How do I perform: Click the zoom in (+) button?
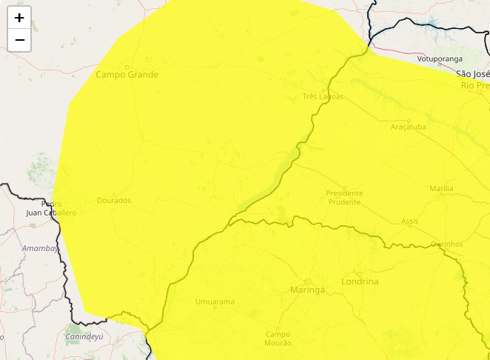click(x=19, y=18)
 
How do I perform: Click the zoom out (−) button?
click(x=19, y=40)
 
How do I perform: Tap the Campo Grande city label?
click(x=127, y=75)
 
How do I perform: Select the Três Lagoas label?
click(x=323, y=96)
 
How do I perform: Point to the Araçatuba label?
click(x=409, y=127)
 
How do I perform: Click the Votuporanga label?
click(x=440, y=59)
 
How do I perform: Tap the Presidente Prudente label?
click(x=343, y=197)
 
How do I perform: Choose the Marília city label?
click(x=441, y=190)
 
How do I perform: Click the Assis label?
click(x=409, y=221)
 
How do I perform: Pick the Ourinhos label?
click(x=447, y=244)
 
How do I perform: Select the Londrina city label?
click(x=360, y=282)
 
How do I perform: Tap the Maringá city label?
click(x=307, y=290)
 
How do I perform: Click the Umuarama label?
click(x=215, y=301)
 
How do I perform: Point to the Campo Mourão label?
click(x=278, y=339)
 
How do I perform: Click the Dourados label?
click(x=114, y=201)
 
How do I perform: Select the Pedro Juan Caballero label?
click(x=51, y=208)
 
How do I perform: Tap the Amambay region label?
click(x=40, y=248)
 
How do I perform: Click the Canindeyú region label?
click(x=84, y=336)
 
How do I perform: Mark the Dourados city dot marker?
click(x=114, y=193)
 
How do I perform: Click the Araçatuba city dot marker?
click(x=408, y=120)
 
